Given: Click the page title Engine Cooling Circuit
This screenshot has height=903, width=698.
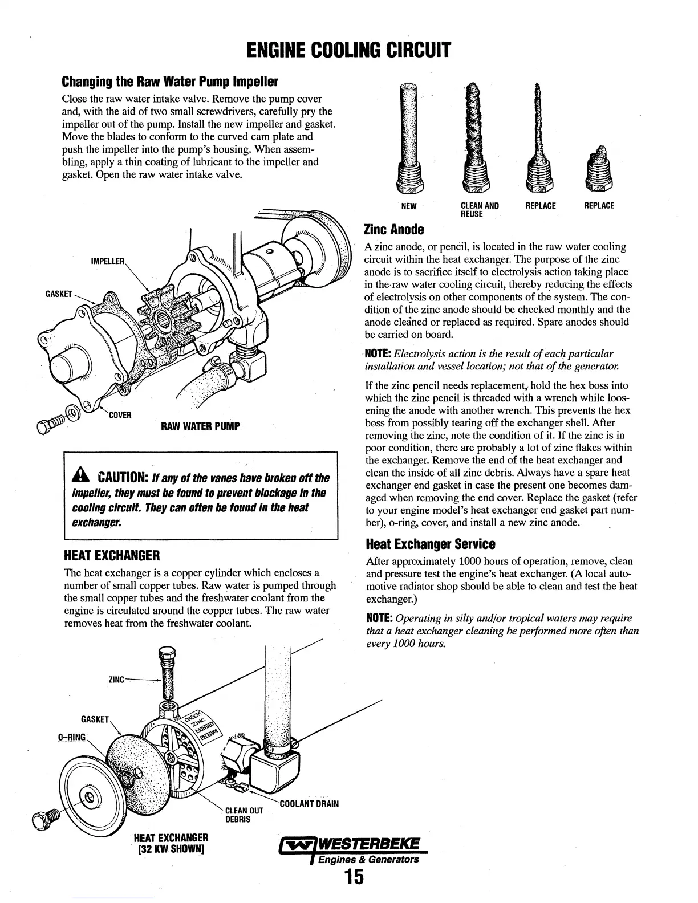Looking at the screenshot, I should (349, 50).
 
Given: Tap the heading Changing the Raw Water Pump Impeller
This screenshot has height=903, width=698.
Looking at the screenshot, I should (169, 82).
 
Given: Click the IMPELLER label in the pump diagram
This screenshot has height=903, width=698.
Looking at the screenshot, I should (108, 262).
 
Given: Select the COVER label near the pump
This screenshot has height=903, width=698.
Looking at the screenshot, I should (120, 414).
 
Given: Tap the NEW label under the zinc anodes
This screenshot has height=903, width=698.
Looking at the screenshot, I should (409, 206).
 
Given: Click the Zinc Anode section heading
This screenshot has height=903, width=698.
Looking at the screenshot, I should (394, 229).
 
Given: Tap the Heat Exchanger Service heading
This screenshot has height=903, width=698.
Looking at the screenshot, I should (430, 543).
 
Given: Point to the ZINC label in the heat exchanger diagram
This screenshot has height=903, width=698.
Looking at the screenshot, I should (116, 680).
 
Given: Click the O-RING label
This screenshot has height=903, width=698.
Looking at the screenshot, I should (71, 737).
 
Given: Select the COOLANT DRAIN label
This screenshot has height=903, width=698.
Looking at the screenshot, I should (309, 804).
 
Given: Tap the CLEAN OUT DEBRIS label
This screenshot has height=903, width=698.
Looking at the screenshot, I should (244, 815).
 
